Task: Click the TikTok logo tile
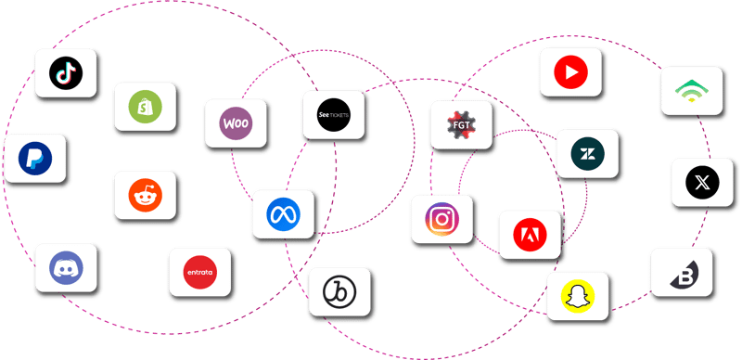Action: click(x=67, y=73)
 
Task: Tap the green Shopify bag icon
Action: click(x=146, y=107)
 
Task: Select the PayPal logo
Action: click(x=35, y=159)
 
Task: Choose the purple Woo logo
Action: click(x=237, y=123)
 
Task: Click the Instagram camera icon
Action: click(x=441, y=220)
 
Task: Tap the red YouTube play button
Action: click(x=570, y=72)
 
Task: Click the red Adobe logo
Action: click(x=530, y=235)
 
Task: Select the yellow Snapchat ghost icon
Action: click(x=577, y=298)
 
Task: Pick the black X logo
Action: click(x=702, y=183)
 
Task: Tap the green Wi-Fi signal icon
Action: click(x=690, y=91)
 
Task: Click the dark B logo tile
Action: click(x=682, y=273)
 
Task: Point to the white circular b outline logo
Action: click(x=339, y=292)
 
